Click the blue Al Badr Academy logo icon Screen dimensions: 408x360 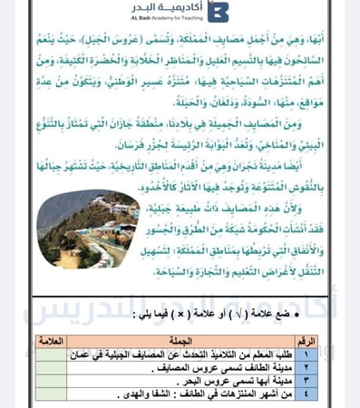pyautogui.click(x=218, y=12)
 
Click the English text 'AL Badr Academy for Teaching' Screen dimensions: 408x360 pyautogui.click(x=165, y=19)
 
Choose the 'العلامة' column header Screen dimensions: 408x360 pyautogui.click(x=54, y=340)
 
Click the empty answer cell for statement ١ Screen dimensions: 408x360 pyautogui.click(x=54, y=354)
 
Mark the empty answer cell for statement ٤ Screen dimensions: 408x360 pyautogui.click(x=54, y=394)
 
